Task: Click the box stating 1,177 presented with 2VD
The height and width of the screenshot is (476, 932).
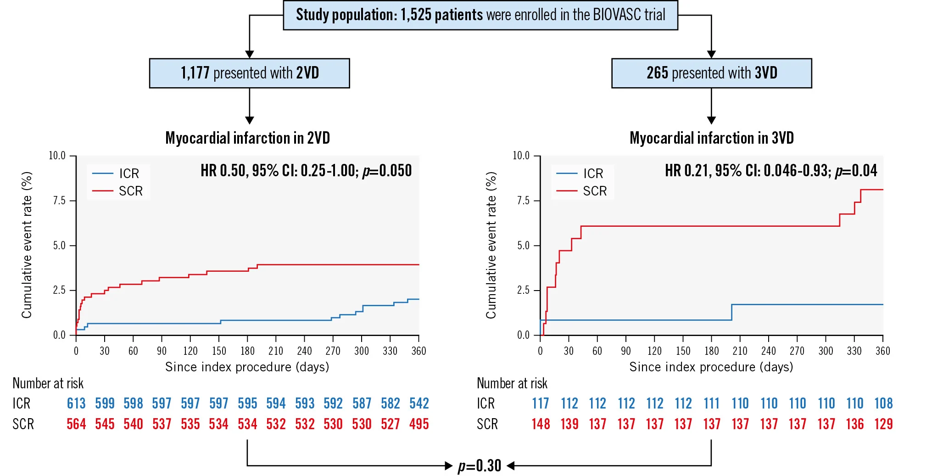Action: tap(249, 73)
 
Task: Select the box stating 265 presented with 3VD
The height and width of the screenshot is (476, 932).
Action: tap(711, 73)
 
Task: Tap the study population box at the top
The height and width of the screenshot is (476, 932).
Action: tap(480, 15)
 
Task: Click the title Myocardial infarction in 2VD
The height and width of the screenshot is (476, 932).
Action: tap(247, 138)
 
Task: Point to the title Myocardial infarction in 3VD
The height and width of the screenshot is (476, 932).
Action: tap(711, 138)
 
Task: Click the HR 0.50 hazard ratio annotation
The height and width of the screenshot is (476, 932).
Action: tap(306, 171)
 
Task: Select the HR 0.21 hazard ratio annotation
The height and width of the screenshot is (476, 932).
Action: tap(771, 171)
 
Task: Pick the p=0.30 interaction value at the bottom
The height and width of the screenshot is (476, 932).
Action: tap(480, 466)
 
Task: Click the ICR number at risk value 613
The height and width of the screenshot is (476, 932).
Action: tap(76, 403)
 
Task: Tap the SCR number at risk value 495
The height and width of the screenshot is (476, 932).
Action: tap(419, 424)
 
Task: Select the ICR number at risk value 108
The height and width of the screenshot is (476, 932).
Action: tap(883, 403)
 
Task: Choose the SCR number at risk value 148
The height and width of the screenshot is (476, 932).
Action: tap(541, 424)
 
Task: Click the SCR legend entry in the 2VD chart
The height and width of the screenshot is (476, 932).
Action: tap(130, 191)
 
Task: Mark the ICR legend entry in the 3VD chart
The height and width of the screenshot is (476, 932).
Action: tap(593, 174)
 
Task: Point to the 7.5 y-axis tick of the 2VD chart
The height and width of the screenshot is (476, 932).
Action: tap(59, 201)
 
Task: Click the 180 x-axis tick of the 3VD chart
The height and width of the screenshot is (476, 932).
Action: tap(711, 351)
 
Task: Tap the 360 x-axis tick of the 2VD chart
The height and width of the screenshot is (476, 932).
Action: tap(419, 351)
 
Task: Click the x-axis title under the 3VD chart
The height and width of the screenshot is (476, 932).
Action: tap(711, 367)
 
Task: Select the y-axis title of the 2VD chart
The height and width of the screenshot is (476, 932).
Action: tap(27, 245)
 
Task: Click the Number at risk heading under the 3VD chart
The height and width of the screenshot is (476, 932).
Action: tap(512, 383)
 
